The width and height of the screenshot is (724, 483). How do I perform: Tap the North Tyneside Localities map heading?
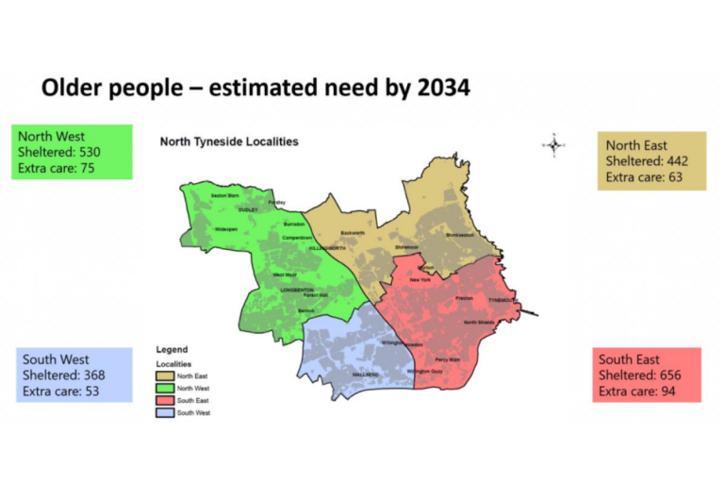click(x=229, y=142)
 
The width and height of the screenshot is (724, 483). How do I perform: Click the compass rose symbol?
click(x=553, y=144)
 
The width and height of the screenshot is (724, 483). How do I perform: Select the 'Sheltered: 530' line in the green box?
click(x=59, y=153)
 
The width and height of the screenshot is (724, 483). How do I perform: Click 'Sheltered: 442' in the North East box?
click(x=647, y=161)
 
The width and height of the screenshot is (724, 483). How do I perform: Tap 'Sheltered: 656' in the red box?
click(x=639, y=375)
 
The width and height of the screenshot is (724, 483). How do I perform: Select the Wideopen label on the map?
click(x=226, y=228)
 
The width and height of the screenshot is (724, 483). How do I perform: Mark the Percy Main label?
click(x=448, y=359)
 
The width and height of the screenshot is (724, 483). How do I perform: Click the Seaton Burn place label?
click(x=224, y=195)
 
